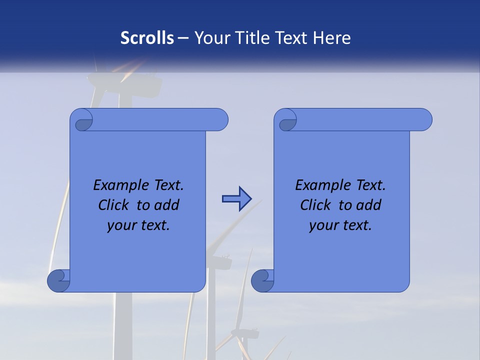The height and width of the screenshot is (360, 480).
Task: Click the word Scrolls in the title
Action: (147, 38)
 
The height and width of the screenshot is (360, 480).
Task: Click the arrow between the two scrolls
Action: (236, 199)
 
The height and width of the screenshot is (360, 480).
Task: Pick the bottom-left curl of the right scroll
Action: (263, 280)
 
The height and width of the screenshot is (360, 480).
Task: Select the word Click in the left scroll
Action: (113, 205)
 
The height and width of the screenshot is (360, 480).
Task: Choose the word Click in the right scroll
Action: (315, 205)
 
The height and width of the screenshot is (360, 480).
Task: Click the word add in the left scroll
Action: (167, 205)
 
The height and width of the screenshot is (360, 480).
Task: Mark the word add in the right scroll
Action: (369, 205)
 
